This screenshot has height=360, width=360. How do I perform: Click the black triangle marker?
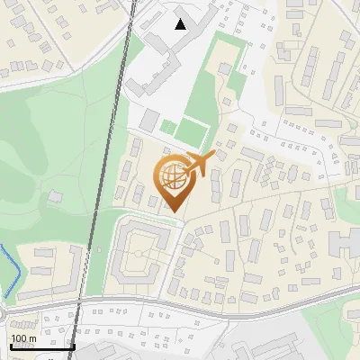click(x=181, y=24)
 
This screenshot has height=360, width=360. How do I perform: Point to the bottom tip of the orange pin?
click(x=175, y=212)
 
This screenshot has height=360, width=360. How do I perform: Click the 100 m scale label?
click(x=22, y=338)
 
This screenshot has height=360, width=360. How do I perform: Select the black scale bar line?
click(x=41, y=346)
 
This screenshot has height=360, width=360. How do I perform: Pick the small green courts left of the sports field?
click(x=168, y=127)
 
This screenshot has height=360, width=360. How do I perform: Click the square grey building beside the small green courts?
click(x=148, y=121)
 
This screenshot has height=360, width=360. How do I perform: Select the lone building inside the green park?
click(x=56, y=195)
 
